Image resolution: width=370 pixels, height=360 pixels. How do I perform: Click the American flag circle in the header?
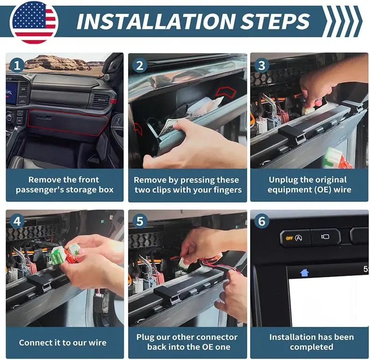point(34,22)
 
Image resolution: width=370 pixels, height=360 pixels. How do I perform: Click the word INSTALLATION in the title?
point(156,21)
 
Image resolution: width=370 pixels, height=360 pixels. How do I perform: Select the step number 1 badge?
point(17,65)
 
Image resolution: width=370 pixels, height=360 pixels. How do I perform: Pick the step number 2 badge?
point(140,65)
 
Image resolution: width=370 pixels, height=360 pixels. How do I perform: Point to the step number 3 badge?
point(262,65)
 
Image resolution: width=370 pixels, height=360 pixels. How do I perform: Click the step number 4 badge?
point(17,221)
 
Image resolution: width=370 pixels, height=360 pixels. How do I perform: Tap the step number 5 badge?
point(140,221)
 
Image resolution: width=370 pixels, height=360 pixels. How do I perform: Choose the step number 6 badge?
point(262,221)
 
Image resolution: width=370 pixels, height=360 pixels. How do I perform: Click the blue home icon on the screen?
point(305,273)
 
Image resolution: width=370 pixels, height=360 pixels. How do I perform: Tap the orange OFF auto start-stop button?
point(295,238)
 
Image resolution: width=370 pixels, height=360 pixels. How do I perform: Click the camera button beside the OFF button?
point(326,237)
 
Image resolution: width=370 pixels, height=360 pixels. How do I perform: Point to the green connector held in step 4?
point(58,255)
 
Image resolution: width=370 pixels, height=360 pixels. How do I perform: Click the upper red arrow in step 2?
point(226,92)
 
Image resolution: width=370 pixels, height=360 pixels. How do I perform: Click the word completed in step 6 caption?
point(312,347)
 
